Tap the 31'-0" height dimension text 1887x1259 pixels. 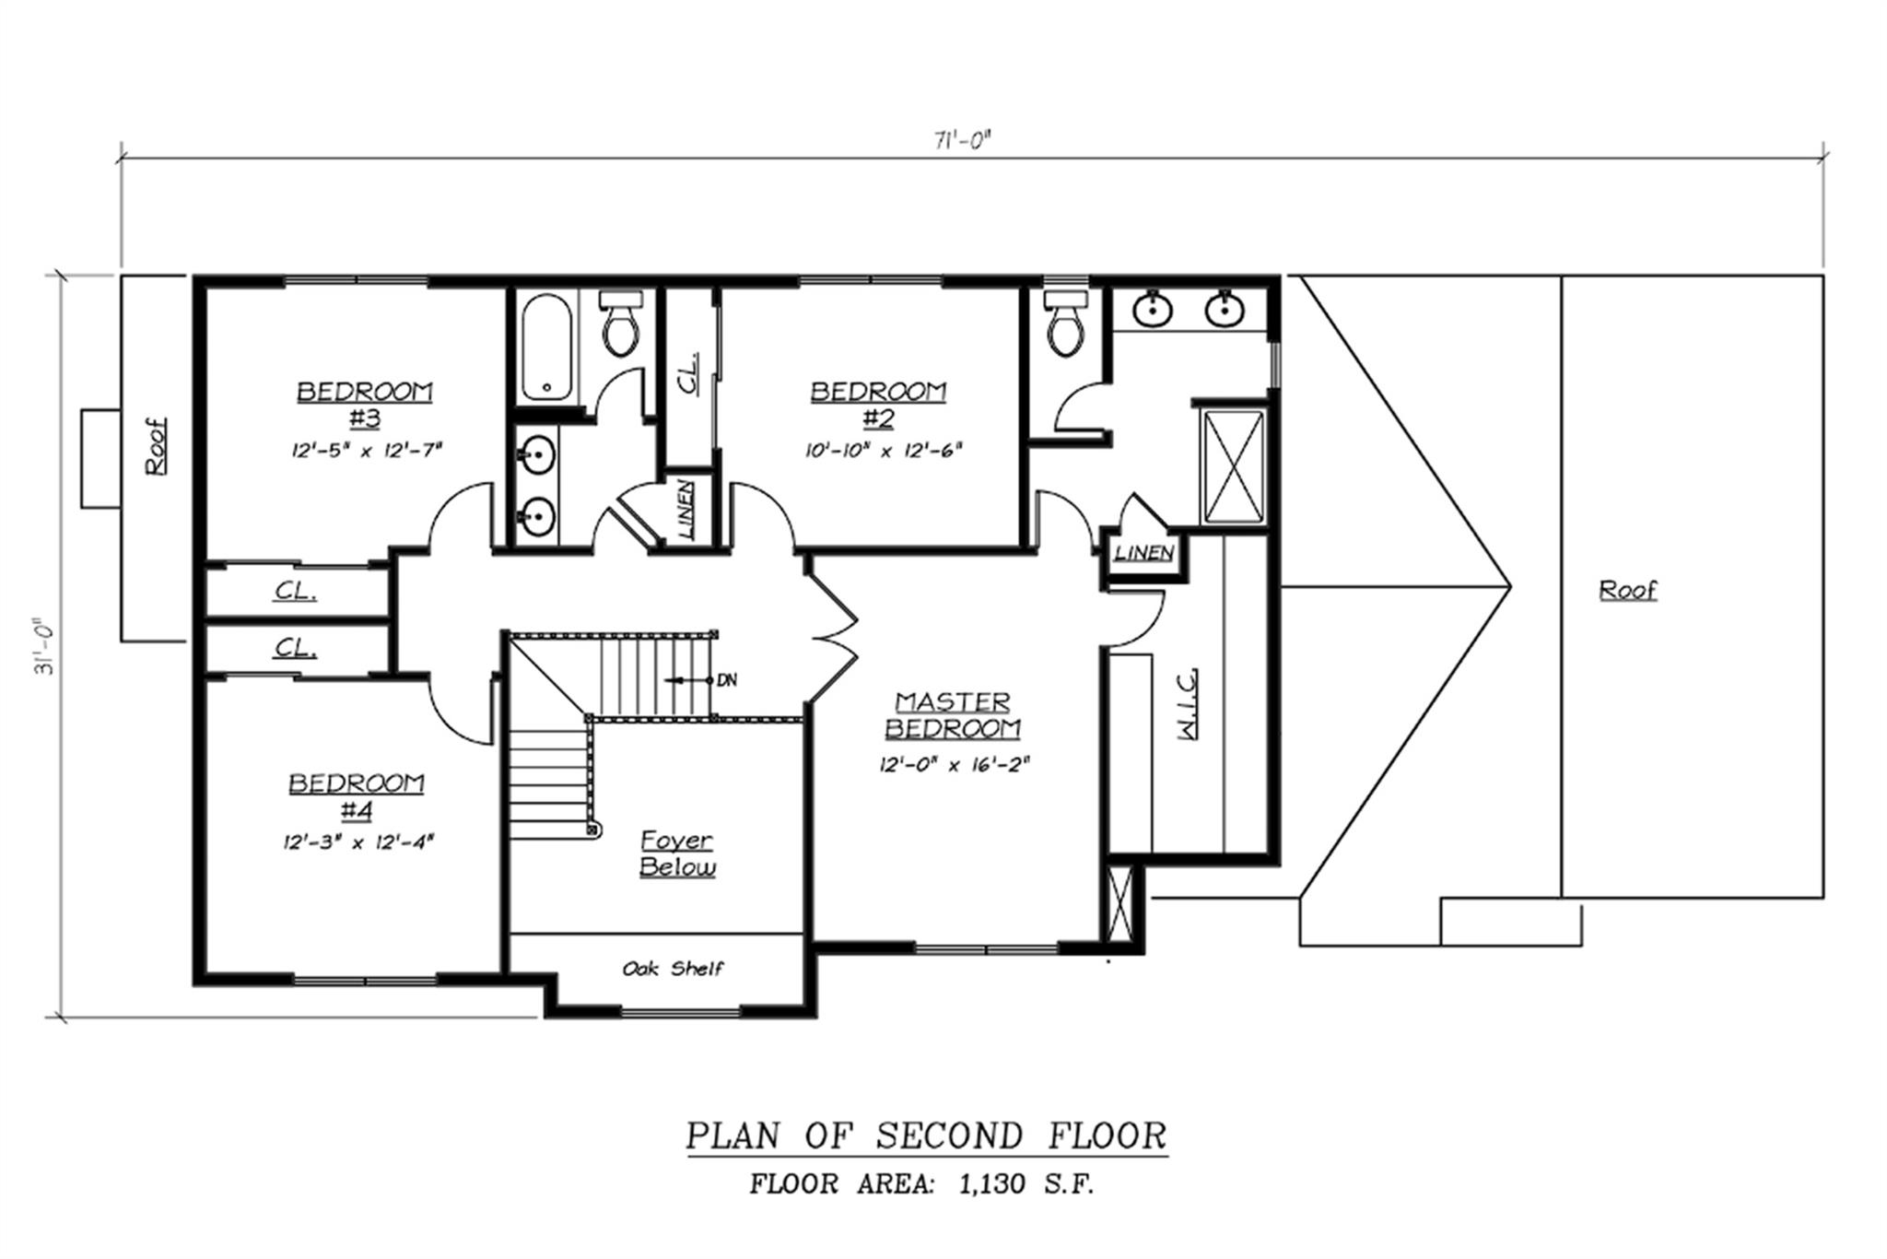[x=44, y=645]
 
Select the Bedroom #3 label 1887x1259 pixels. [x=364, y=405]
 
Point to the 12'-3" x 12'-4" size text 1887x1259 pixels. [x=358, y=841]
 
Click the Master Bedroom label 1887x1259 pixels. [x=953, y=715]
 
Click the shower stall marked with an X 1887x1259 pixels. [x=1232, y=467]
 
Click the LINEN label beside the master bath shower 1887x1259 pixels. [x=1143, y=554]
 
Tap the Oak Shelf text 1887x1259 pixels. [x=673, y=969]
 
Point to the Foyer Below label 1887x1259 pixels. [x=677, y=853]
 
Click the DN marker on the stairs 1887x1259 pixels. [x=727, y=681]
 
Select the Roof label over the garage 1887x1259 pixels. [x=1627, y=589]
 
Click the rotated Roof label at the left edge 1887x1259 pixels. [x=158, y=446]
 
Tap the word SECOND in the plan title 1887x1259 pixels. [x=948, y=1135]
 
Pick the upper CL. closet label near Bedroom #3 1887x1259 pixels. [x=296, y=592]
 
